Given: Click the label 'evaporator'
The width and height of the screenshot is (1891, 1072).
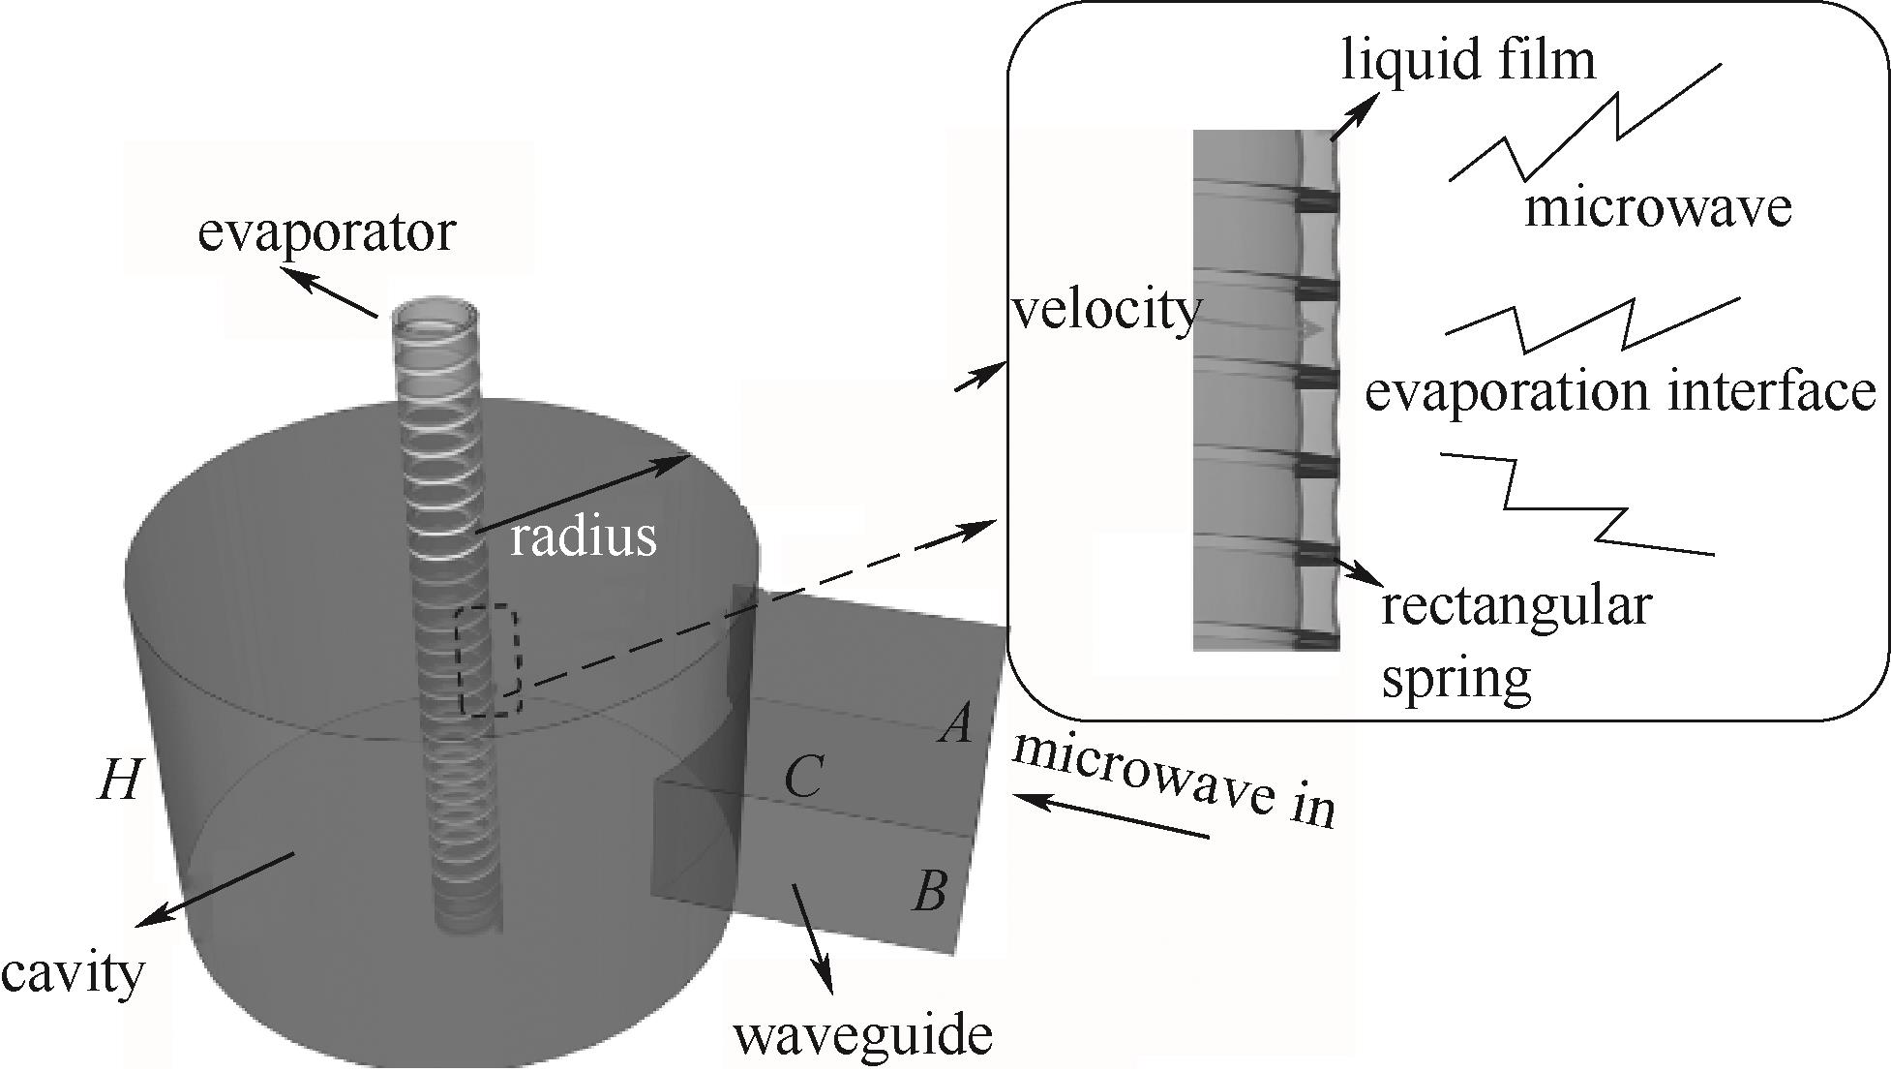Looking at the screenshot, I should [325, 233].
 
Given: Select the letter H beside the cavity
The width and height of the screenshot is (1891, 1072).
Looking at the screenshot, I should [121, 780].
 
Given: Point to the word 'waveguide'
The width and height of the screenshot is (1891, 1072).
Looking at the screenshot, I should [862, 1035].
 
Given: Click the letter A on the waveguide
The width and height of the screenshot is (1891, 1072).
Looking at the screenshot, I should [956, 723].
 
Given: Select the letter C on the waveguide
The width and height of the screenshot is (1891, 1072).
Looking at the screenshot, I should [803, 777].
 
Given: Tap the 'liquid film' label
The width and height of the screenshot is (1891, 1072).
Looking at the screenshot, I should [1467, 60].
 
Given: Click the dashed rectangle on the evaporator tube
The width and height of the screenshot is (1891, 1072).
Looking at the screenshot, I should [490, 660].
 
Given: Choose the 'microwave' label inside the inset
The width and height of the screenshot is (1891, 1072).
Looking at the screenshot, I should [1658, 208].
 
